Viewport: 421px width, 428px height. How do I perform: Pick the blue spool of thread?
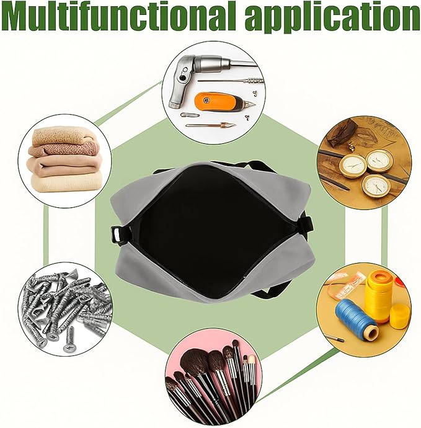click(x=356, y=319)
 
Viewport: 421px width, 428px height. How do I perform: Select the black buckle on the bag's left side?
click(x=119, y=235)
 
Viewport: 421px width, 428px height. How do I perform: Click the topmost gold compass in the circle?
click(x=379, y=160)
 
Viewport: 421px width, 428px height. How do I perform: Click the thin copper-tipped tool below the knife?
click(x=211, y=125)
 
